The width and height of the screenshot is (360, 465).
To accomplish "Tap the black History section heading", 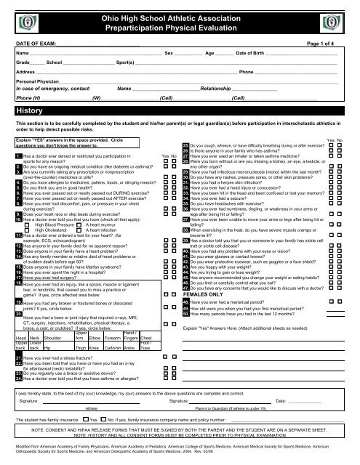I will point(30,110).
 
